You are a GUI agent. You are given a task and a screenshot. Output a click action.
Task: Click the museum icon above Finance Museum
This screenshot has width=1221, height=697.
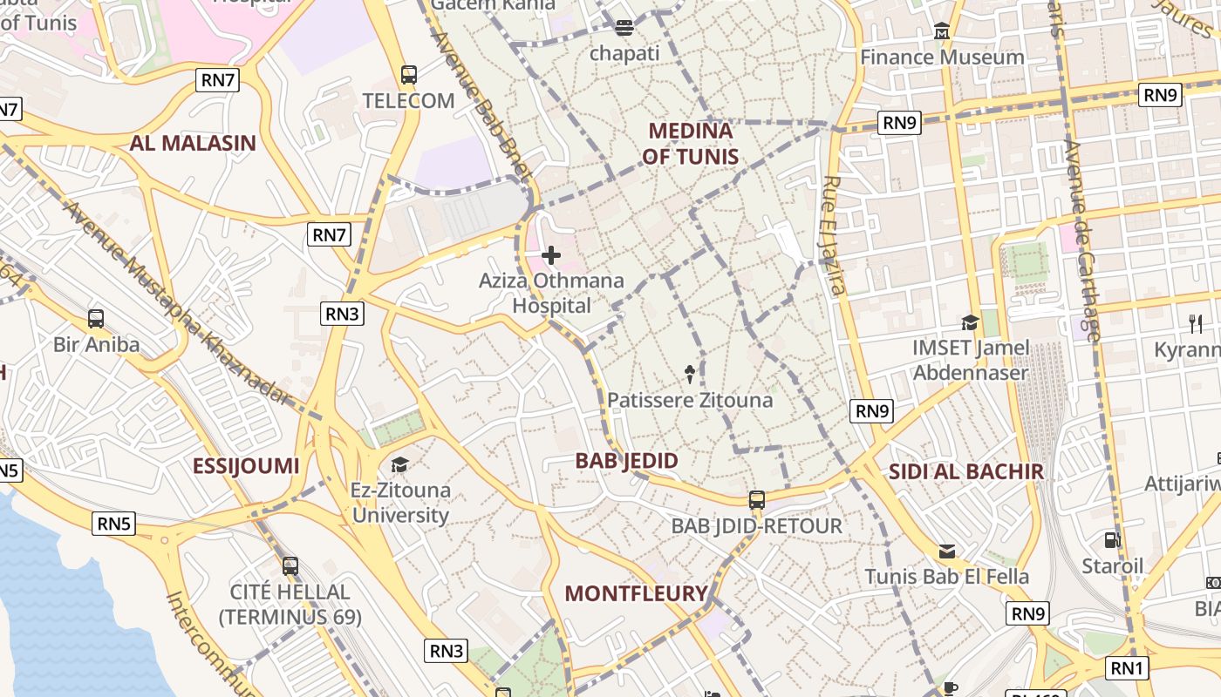(942, 31)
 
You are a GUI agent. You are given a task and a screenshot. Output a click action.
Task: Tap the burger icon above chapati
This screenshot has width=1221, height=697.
(624, 28)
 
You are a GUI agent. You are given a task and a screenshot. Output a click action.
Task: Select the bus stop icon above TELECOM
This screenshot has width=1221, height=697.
(408, 75)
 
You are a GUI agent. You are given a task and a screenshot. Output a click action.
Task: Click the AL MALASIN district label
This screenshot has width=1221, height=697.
(193, 144)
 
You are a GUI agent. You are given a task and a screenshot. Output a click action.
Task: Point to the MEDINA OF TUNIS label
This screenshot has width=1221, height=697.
(690, 144)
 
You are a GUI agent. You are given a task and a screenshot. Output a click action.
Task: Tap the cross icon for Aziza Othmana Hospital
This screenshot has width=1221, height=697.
(551, 255)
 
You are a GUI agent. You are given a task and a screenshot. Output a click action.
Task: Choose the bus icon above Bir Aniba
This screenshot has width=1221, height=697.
(96, 319)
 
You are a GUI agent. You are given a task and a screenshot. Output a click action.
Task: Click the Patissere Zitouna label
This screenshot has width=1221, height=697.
(690, 400)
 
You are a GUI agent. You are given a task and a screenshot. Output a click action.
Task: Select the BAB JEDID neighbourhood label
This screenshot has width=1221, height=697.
(626, 461)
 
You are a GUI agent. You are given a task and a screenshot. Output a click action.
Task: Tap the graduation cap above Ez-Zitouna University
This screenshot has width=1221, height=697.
(399, 464)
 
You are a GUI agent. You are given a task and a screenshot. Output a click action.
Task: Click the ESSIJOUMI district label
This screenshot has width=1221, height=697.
(246, 466)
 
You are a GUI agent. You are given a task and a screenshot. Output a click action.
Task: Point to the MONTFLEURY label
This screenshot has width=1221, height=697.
(636, 594)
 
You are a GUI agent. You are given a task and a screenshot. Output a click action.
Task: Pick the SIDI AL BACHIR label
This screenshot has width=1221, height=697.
(965, 472)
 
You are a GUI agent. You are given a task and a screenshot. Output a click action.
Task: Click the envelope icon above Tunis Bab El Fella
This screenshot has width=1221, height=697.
(946, 552)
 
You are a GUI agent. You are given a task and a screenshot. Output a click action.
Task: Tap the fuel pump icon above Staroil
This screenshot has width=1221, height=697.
(1112, 540)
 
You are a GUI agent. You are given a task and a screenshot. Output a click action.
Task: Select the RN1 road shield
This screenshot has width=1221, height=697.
(1127, 668)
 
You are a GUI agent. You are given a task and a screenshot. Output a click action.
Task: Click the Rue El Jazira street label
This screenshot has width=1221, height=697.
(834, 235)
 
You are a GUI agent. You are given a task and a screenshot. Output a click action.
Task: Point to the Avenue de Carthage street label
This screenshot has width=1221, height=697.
(1082, 240)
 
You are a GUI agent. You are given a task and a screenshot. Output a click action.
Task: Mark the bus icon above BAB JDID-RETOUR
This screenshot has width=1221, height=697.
(756, 500)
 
